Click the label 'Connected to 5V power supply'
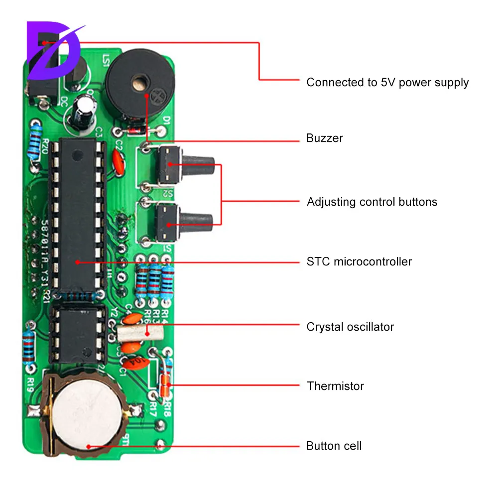point(387,82)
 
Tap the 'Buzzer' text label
point(325,138)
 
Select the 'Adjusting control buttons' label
point(372,202)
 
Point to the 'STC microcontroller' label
point(359,261)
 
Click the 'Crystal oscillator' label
point(350,327)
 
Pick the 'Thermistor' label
point(335,385)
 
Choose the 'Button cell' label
point(334,445)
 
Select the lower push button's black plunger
point(197,219)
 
